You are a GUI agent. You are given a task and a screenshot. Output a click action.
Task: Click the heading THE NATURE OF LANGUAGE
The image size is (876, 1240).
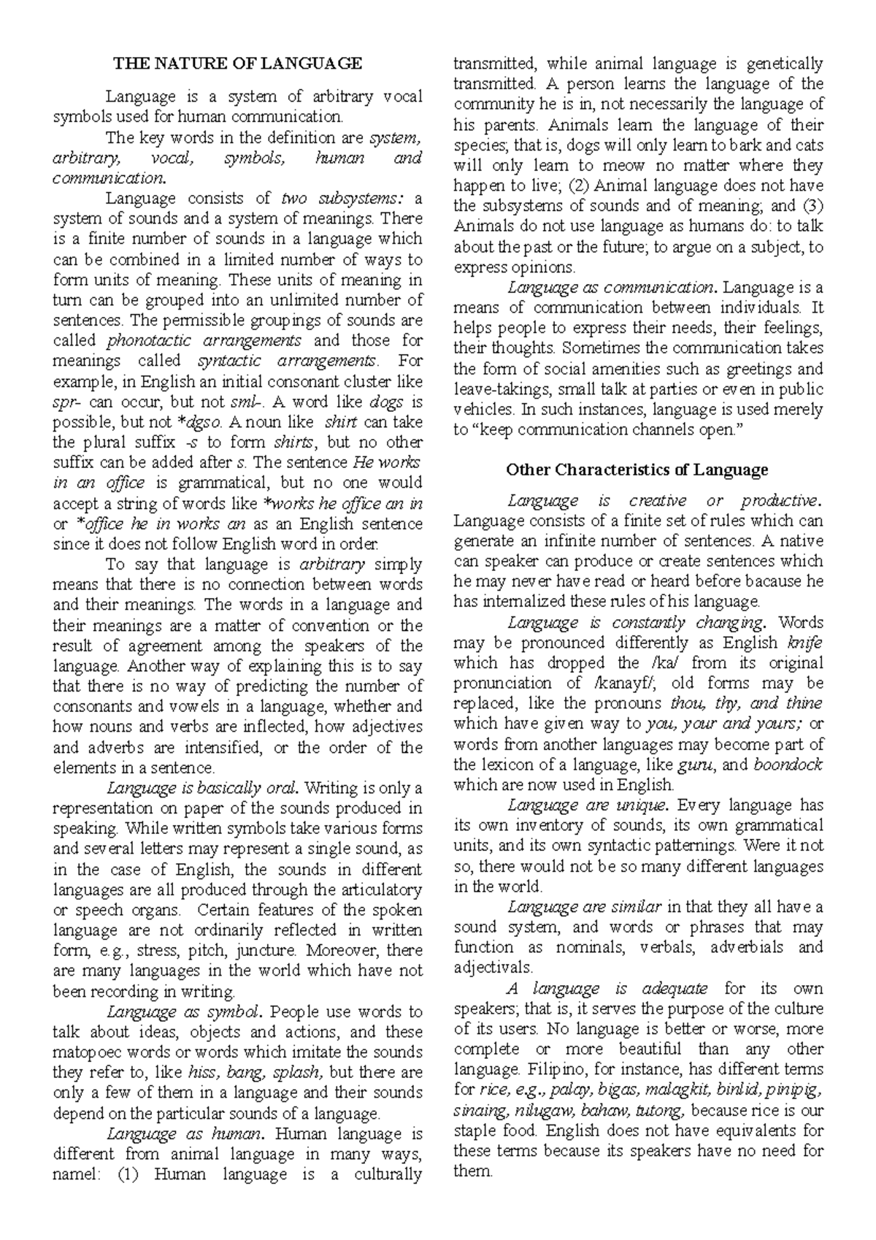click(237, 64)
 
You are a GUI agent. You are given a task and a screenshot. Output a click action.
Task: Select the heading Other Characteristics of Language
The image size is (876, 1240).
click(637, 470)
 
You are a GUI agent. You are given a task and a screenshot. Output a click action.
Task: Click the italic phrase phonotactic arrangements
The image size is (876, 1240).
click(204, 340)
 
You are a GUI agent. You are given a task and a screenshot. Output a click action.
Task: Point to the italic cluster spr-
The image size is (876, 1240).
click(69, 402)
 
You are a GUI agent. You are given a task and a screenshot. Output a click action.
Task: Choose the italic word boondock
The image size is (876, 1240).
click(788, 765)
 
